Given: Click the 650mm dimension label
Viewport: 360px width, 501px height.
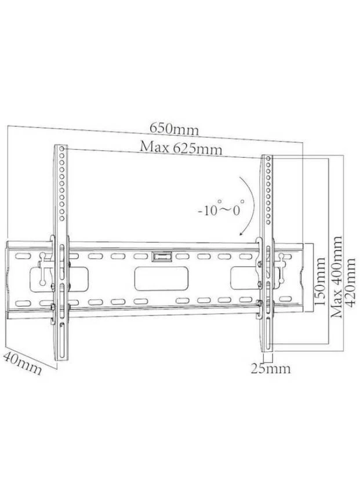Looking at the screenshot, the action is pos(174,129).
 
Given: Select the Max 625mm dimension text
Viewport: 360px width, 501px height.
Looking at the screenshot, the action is pos(181,148).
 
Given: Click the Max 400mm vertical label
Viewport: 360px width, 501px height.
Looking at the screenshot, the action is pos(336,277).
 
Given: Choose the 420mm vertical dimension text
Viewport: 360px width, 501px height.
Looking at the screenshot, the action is pos(350,282).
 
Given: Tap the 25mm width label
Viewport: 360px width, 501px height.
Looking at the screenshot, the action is pos(271,368).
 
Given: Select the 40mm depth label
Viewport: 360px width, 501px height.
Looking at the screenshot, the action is pos(23,363).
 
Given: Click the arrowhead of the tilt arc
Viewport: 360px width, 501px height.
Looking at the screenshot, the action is pos(242,234).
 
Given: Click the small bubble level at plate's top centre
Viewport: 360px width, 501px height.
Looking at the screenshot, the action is pos(162,256).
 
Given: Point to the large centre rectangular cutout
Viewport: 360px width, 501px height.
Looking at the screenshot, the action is pos(161,278).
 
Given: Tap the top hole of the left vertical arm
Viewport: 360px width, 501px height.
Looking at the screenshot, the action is pos(61,149).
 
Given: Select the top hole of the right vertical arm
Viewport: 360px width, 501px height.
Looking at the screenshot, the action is pos(268,158).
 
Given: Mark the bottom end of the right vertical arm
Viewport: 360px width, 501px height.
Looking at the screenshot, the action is pos(267,350).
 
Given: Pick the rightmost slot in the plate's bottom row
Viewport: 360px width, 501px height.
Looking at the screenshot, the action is pos(285,299).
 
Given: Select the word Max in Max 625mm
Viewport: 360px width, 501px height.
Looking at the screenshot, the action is pos(152,147).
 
